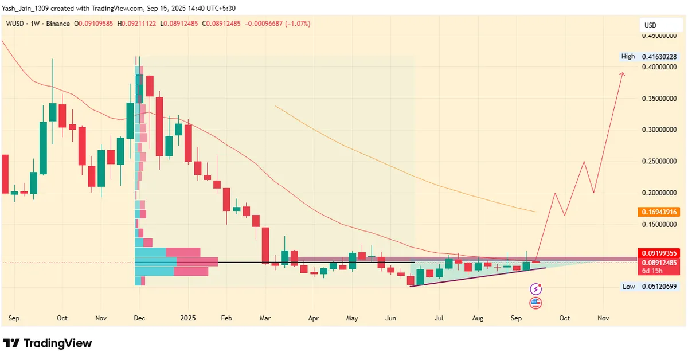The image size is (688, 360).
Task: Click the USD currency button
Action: [650, 25]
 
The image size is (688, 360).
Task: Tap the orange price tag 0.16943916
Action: [658, 212]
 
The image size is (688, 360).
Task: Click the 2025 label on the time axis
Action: [187, 318]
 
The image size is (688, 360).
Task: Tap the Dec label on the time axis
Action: [139, 318]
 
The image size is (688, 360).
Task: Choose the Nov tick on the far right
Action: [603, 318]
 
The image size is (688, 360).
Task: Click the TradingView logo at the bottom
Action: [48, 343]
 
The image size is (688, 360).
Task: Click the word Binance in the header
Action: [58, 24]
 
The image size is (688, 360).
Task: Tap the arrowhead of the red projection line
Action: [623, 73]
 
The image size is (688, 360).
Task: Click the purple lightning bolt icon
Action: [535, 289]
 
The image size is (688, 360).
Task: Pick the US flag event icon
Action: [535, 303]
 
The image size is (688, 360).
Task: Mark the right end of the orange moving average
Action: [535, 212]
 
